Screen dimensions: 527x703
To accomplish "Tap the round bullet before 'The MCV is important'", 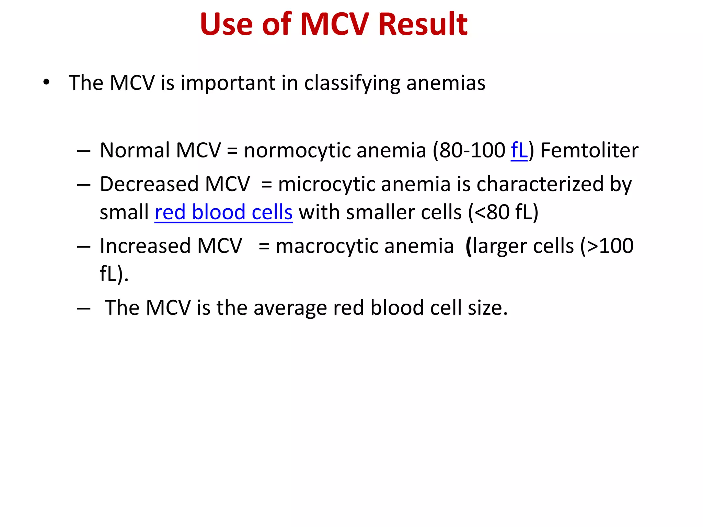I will [x=46, y=82].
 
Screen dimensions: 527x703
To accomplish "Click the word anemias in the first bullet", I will [x=446, y=83].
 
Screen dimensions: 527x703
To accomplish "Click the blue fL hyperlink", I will [x=519, y=150].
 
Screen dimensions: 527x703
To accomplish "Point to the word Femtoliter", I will [x=589, y=150].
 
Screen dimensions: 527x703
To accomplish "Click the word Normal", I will [x=135, y=150].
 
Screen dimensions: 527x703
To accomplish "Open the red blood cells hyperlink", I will [x=223, y=212].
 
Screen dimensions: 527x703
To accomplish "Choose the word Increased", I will [x=145, y=246].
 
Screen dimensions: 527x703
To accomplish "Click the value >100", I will [x=610, y=246].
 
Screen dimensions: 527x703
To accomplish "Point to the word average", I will [x=290, y=308].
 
